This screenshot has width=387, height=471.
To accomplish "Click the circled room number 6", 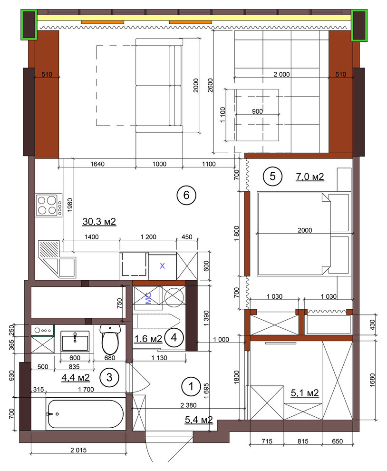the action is pos(186,195).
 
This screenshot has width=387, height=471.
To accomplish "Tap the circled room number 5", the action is pos(272,177).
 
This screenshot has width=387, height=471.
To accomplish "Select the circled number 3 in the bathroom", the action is pos(109,377).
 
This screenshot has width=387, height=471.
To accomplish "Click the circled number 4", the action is pos(174,338).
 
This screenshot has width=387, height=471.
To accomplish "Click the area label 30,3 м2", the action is pos(99,222).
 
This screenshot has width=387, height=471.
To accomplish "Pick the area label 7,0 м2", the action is pos(310,177).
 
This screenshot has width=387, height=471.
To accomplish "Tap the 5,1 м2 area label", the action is pos(305,393).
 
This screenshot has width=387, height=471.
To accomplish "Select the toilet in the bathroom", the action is pos(110,339).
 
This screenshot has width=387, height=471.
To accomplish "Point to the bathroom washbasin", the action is pos(75,341).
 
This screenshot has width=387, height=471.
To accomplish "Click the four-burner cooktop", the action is pos(49,205).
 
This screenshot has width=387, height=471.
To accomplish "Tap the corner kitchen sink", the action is pos(57,258).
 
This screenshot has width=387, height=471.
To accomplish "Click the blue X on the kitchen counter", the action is pos(163,266).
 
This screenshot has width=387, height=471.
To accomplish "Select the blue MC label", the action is pos(148,298).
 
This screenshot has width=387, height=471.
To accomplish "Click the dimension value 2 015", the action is pos(78,450).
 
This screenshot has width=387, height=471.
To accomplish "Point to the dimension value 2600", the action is pos(210,85).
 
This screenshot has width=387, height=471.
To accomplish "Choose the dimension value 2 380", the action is pos(189,405).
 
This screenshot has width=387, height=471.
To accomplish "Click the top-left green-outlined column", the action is pos(29,24).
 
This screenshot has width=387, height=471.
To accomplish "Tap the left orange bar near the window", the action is pos(103,22).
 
